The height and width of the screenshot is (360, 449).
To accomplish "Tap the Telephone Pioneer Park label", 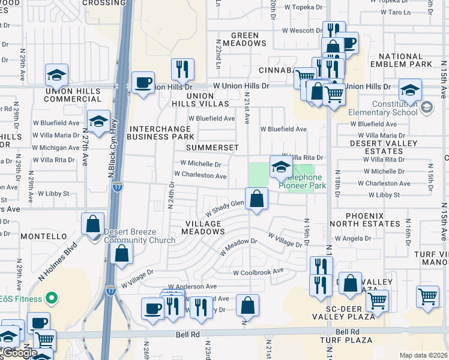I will (x=300, y=181).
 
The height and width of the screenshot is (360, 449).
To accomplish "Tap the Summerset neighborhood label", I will (x=212, y=148).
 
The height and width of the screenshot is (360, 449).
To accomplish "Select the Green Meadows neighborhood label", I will (x=244, y=39).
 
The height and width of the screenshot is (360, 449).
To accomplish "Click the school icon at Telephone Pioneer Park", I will (x=280, y=167).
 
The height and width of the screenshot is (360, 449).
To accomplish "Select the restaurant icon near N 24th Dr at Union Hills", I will (x=182, y=70).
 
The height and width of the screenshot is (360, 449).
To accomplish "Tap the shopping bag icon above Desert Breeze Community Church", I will (x=93, y=224).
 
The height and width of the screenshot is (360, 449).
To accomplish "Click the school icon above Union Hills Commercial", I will (x=56, y=76).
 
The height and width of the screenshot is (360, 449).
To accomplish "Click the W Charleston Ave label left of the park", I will (x=200, y=176).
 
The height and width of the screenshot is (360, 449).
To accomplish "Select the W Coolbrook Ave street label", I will (x=258, y=272).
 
